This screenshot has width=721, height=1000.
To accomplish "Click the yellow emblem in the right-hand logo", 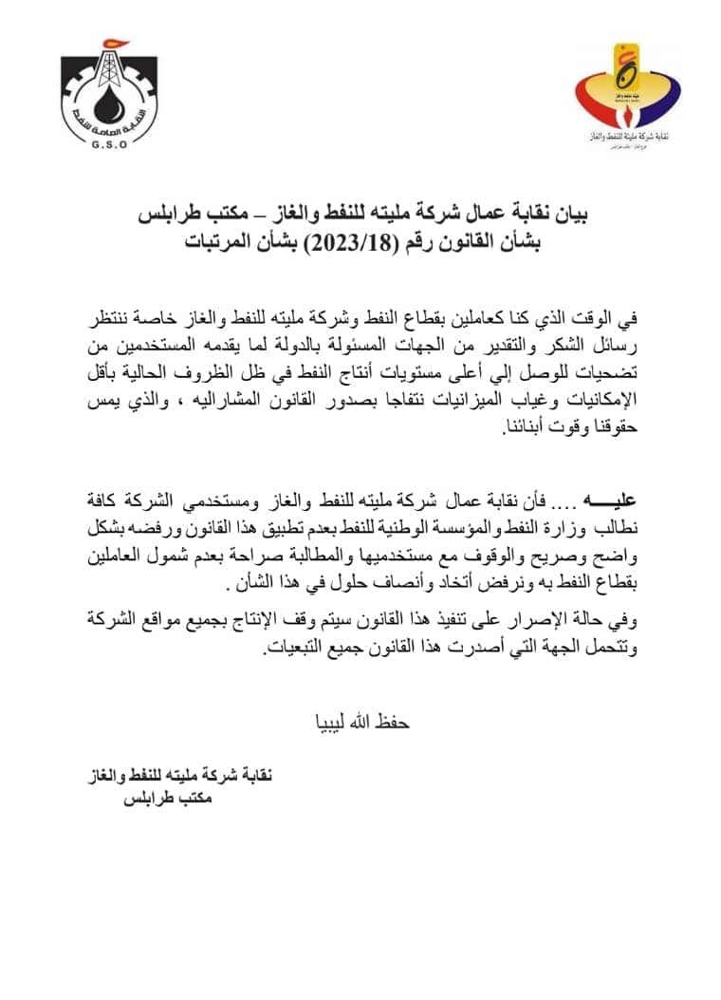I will [x=622, y=68].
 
